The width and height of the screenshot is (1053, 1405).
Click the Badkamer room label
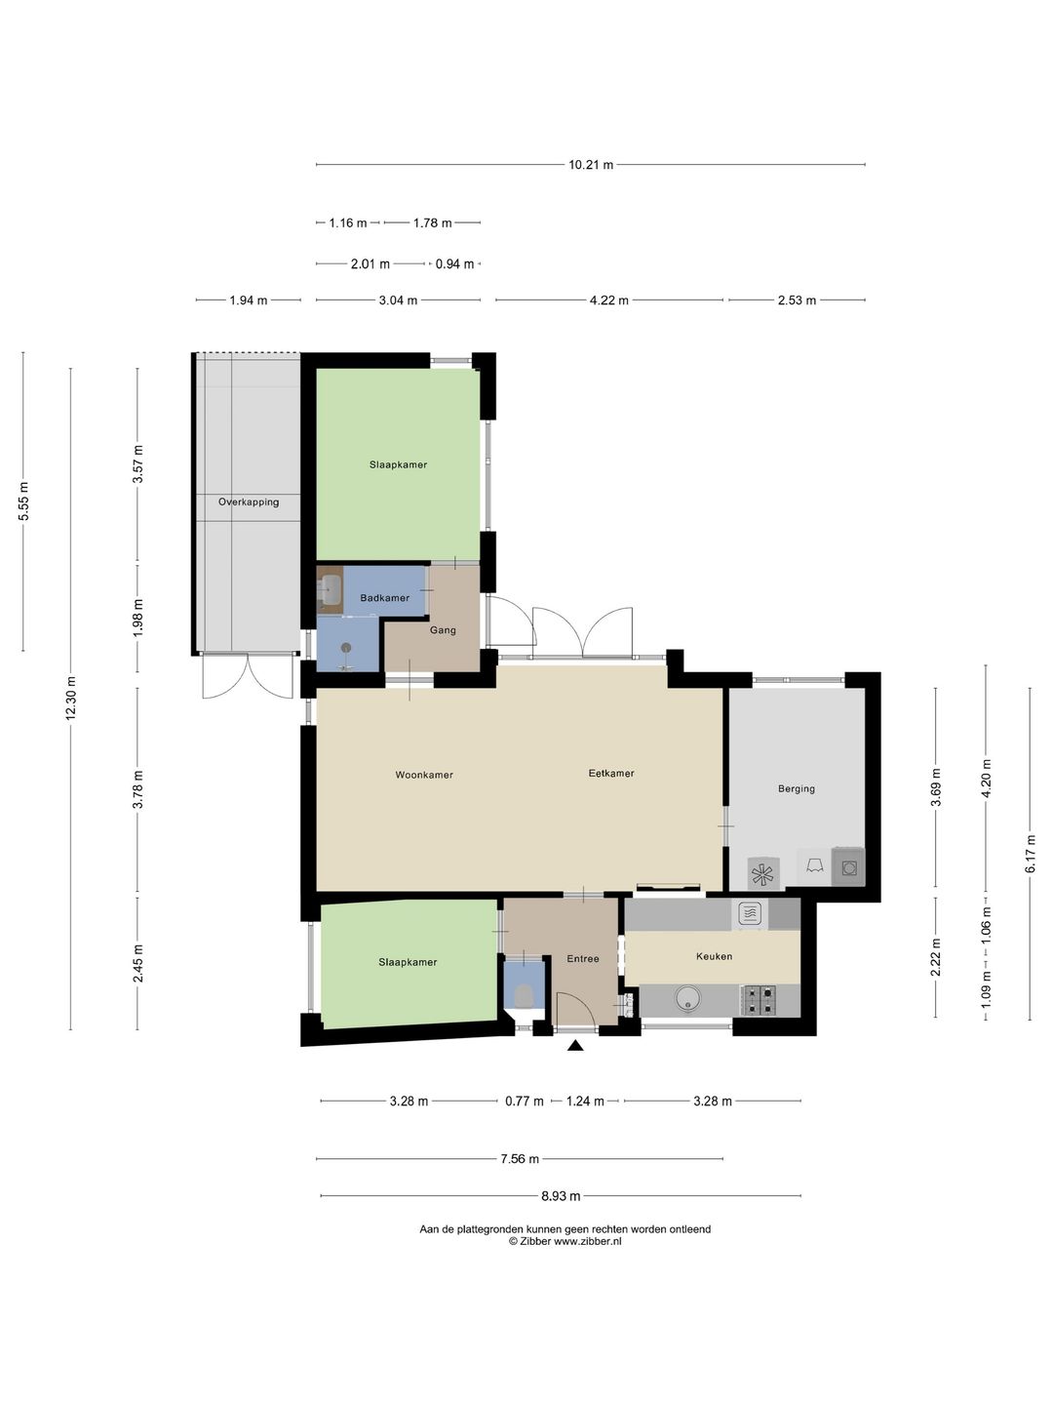click(x=384, y=598)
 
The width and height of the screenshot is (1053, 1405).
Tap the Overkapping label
click(x=249, y=502)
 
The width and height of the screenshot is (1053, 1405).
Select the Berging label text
click(x=796, y=788)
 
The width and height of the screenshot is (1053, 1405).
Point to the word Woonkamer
click(x=424, y=775)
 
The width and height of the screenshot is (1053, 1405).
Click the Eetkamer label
click(x=611, y=773)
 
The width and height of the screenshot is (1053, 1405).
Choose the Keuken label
click(x=714, y=956)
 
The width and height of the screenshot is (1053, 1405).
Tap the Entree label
click(x=582, y=959)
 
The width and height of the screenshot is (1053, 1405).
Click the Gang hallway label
click(x=443, y=630)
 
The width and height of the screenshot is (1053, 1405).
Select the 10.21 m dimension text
click(x=591, y=165)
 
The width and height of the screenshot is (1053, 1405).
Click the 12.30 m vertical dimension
click(x=70, y=699)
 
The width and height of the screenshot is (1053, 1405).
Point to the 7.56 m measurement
click(x=519, y=1158)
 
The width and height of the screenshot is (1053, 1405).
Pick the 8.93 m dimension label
click(x=561, y=1195)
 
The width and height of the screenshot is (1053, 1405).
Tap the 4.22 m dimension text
click(x=608, y=301)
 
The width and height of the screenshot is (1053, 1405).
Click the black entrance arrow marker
click(x=575, y=1045)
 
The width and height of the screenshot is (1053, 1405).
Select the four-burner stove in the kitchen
click(x=759, y=1001)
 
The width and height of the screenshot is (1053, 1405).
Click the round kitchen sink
click(x=688, y=999)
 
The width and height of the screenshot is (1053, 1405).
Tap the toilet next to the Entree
click(x=525, y=994)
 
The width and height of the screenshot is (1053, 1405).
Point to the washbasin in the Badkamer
click(x=331, y=588)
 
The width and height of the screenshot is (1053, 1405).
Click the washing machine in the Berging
click(x=848, y=868)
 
